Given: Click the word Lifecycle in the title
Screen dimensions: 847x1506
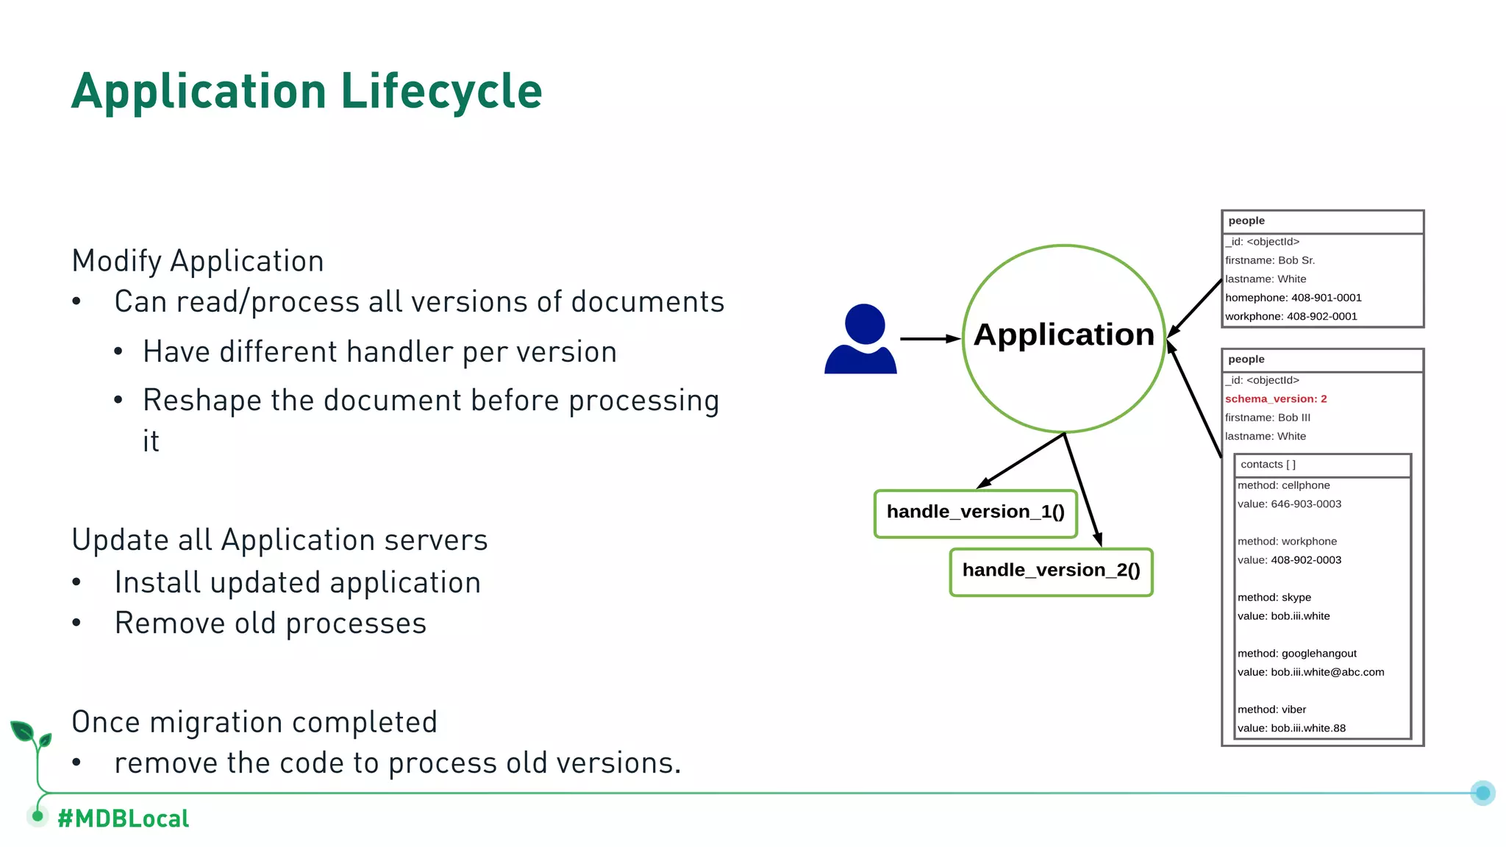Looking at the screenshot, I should click(441, 91).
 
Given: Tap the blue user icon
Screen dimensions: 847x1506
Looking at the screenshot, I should click(860, 340).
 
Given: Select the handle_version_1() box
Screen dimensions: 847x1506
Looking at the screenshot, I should click(975, 512).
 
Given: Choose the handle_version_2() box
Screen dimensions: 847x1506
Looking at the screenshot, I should click(1051, 571).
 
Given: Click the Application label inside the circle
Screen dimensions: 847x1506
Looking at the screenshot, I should click(1063, 335).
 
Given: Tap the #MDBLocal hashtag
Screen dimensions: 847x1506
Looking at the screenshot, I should click(123, 818).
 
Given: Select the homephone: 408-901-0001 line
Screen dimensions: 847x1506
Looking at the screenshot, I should click(1293, 298).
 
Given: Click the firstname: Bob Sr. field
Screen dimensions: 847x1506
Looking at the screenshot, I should click(1270, 260).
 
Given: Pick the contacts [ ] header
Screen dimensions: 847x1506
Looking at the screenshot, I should click(1268, 465).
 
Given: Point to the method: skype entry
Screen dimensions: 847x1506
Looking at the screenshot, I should click(1274, 597).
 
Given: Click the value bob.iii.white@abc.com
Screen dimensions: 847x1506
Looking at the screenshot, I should click(1310, 672).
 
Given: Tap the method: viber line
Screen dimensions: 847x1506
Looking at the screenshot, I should click(1271, 710).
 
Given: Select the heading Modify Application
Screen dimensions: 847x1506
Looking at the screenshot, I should click(198, 261).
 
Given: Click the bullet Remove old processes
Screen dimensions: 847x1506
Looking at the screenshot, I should click(270, 623).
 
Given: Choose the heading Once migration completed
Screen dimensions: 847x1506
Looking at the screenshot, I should click(254, 722).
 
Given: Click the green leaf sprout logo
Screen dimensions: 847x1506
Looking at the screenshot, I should click(30, 736).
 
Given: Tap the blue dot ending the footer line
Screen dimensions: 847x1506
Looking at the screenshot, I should click(1482, 793).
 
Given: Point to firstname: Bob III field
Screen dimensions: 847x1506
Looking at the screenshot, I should click(1268, 418).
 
